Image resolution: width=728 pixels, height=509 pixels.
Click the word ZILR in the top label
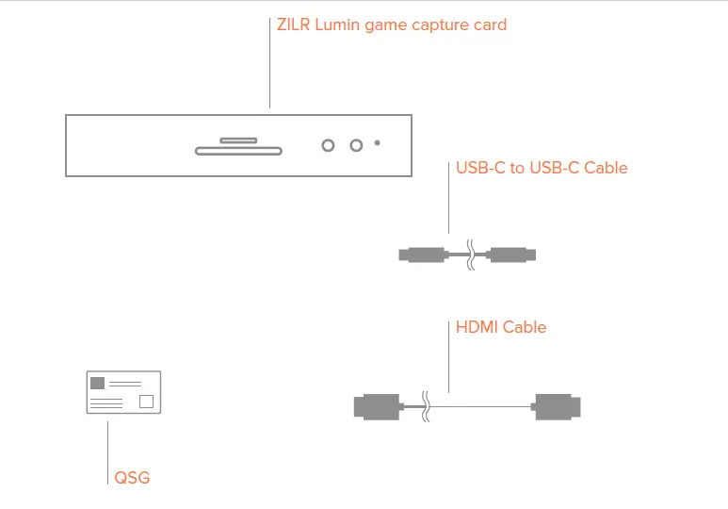tap(295, 25)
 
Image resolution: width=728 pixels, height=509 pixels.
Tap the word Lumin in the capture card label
tap(343, 25)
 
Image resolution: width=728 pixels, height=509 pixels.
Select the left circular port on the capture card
tap(328, 145)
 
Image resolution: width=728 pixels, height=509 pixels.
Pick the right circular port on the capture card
tap(356, 145)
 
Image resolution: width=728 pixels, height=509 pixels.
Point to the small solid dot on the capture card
tap(378, 143)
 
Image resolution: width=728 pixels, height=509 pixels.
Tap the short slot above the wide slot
tap(237, 140)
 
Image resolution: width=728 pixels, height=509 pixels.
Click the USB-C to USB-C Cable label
tap(542, 169)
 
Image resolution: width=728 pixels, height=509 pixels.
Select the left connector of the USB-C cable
tap(421, 254)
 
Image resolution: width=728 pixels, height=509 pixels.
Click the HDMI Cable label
tap(501, 327)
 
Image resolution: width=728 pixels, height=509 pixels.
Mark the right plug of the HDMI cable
tap(557, 406)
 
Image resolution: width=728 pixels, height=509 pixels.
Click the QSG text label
tap(132, 478)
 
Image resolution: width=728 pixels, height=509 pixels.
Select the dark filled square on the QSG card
tap(97, 383)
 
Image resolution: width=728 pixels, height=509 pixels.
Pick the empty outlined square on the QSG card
tap(146, 402)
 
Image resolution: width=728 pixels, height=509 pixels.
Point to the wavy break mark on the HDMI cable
tap(427, 406)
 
